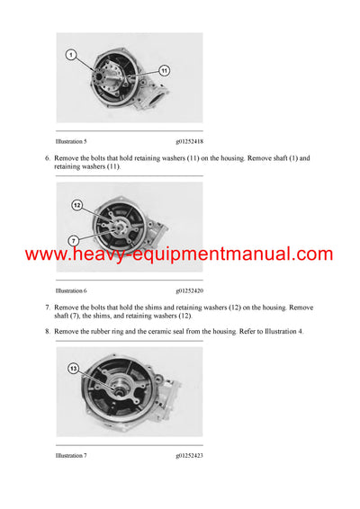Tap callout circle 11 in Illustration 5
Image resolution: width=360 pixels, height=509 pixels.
tap(165, 70)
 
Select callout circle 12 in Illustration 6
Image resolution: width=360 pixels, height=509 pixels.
tap(76, 206)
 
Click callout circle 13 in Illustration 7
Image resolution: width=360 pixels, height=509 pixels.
tap(73, 368)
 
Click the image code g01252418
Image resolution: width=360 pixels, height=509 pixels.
tap(190, 140)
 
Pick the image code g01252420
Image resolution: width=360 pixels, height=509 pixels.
tap(190, 290)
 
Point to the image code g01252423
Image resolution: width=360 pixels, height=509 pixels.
tap(190, 456)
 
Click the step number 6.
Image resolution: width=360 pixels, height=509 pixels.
tap(48, 158)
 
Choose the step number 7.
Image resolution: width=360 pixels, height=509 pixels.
tap(48, 308)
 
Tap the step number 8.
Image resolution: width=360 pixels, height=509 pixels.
tap(48, 332)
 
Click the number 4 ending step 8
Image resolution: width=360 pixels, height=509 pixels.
tap(301, 332)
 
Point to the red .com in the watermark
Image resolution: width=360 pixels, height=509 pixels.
tap(310, 255)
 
